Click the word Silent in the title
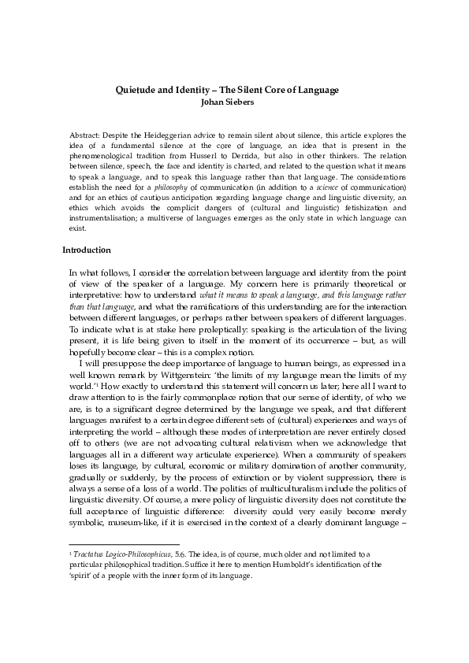[255, 90]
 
